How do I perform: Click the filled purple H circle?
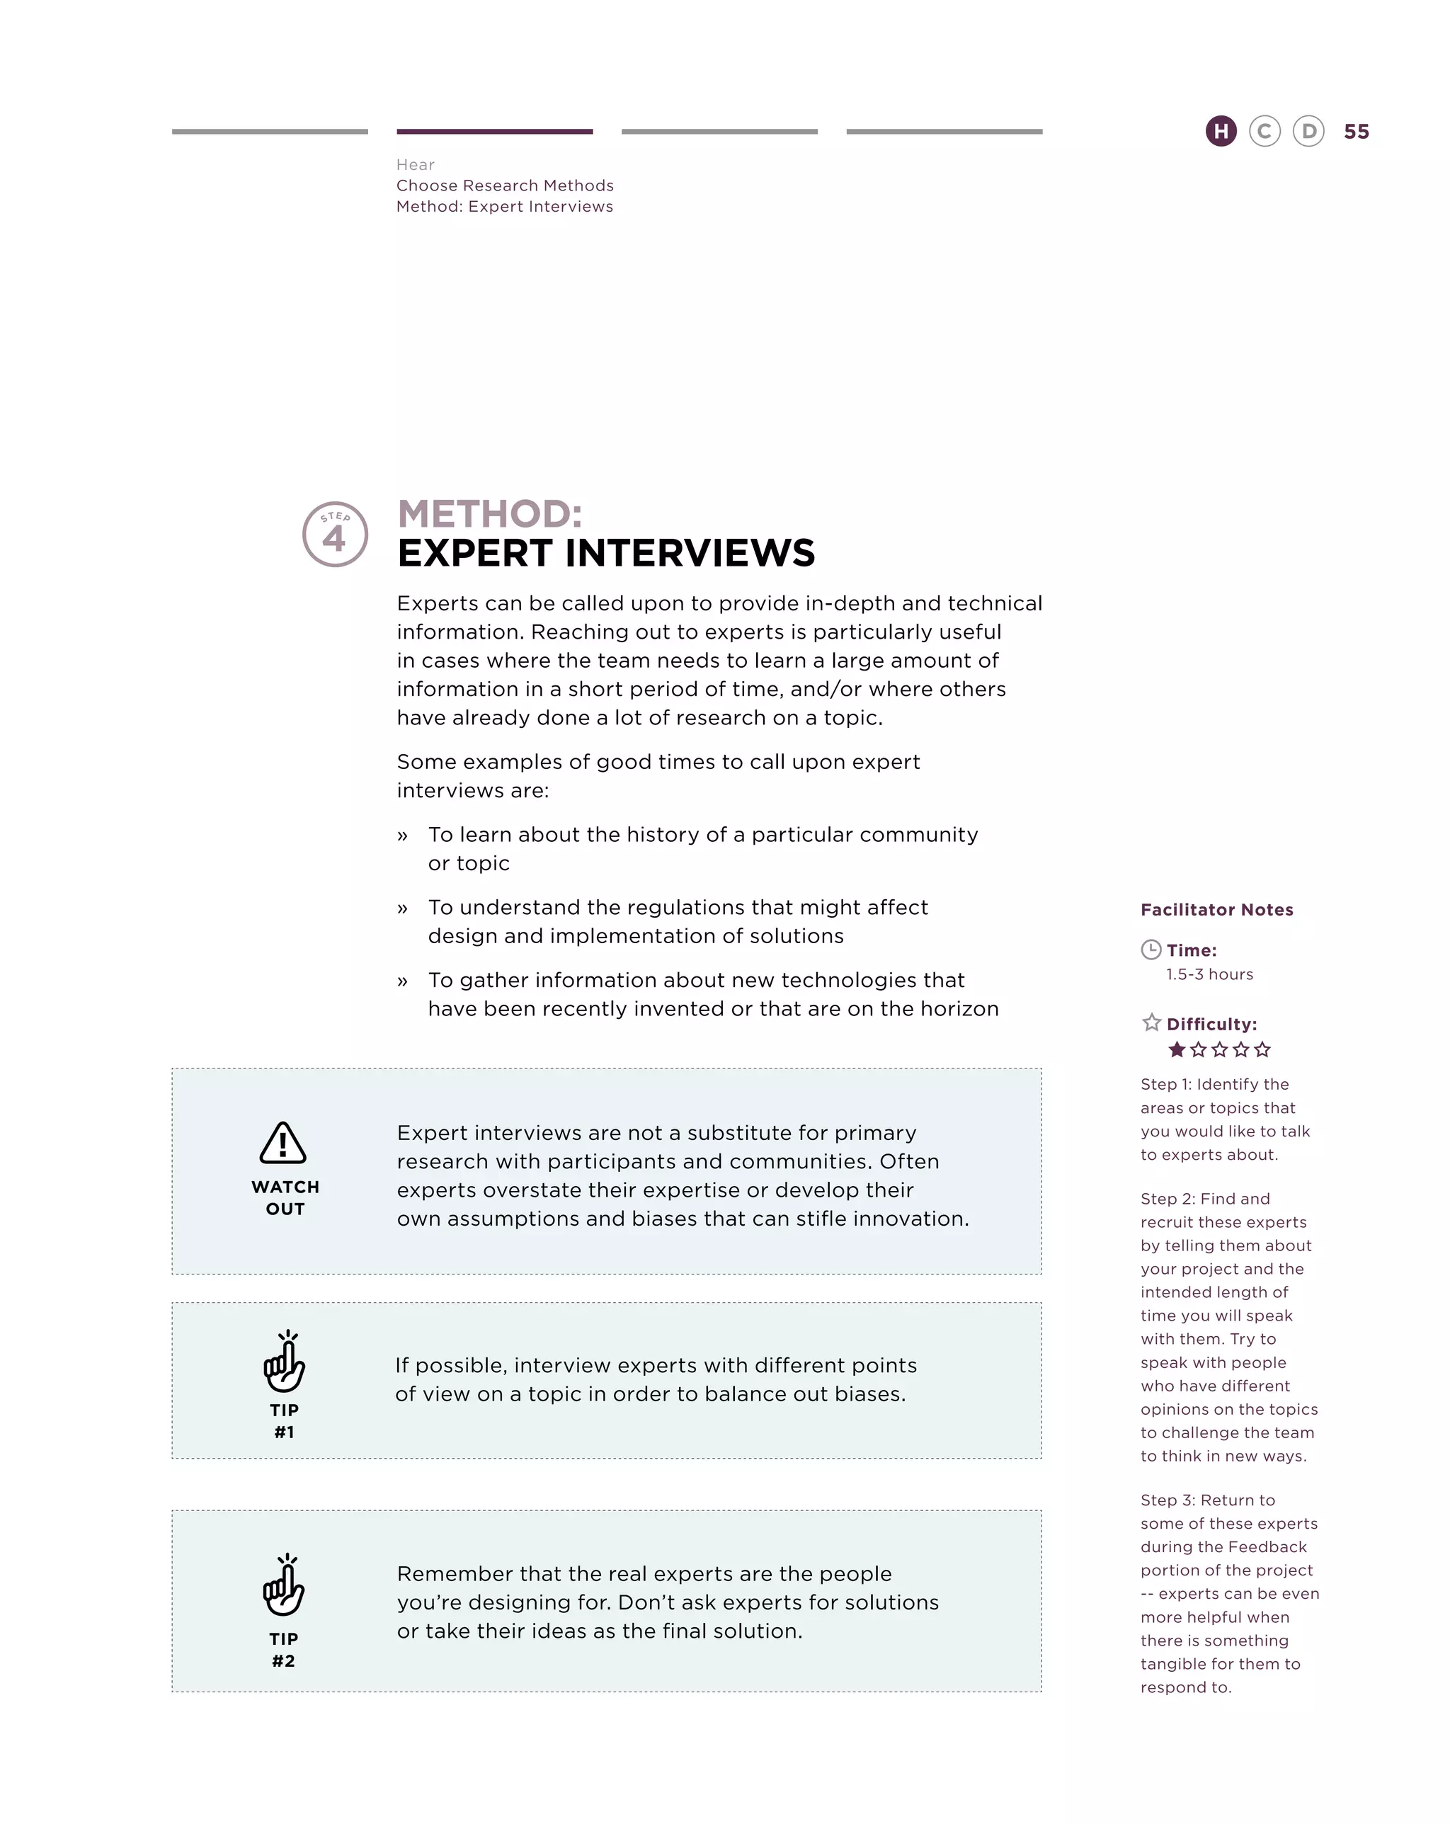[1220, 131]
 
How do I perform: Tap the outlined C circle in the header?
[1264, 131]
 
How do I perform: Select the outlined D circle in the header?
[1308, 131]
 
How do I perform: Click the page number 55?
[1356, 132]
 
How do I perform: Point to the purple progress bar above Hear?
[494, 131]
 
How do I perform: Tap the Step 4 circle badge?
[335, 534]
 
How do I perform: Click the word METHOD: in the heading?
[490, 513]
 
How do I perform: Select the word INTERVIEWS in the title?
[690, 553]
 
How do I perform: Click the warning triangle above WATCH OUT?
[282, 1143]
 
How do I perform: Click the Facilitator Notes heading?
[1216, 909]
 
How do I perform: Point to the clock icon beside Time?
[1151, 950]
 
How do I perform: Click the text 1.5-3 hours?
[1209, 974]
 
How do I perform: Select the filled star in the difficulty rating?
[1176, 1050]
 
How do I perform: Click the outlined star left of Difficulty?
[1151, 1023]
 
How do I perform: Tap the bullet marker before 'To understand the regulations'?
[403, 908]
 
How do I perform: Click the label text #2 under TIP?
[283, 1660]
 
